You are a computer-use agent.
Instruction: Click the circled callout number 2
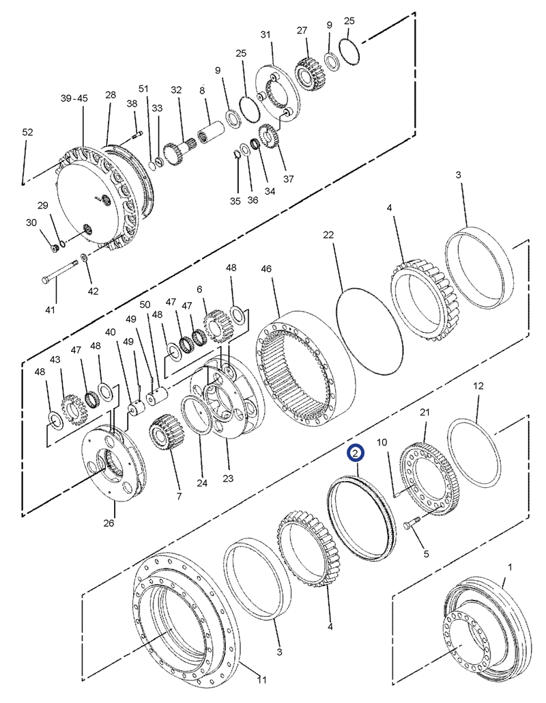[x=356, y=453]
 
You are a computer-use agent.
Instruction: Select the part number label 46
[x=265, y=269]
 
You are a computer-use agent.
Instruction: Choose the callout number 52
[x=27, y=132]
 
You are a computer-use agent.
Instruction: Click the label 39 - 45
[x=74, y=98]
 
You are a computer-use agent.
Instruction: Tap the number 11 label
[x=261, y=680]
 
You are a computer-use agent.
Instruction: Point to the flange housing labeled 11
[x=185, y=615]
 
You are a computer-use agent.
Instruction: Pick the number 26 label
[x=109, y=523]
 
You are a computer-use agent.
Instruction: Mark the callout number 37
[x=288, y=179]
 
